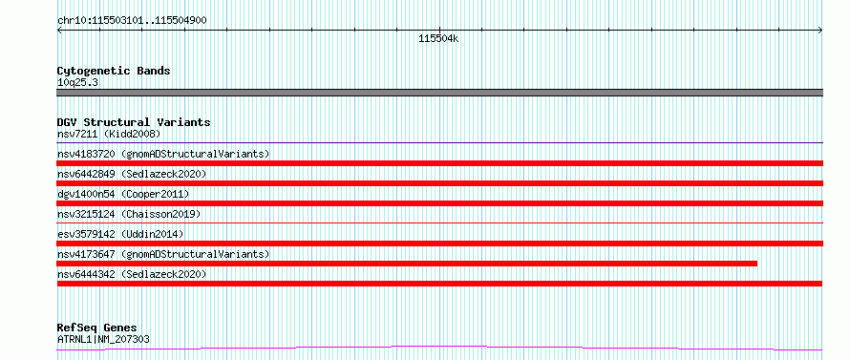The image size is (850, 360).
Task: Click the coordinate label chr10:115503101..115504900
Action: pos(132,21)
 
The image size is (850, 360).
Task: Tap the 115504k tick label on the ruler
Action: pos(438,38)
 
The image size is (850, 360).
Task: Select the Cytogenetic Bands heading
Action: pos(114,71)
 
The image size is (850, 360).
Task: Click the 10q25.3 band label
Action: pos(77,83)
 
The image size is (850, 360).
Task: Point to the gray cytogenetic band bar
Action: pos(439,93)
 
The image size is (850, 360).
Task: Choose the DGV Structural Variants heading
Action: pos(134,122)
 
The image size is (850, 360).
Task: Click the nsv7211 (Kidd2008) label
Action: pos(109,134)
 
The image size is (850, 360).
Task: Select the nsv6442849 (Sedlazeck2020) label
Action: pos(132,174)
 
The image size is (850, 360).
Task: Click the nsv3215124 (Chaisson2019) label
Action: pos(129,214)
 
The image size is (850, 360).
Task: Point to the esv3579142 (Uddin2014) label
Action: pos(120,234)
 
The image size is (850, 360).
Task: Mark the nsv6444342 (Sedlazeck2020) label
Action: pos(132,274)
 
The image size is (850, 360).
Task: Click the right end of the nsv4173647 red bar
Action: pos(756,264)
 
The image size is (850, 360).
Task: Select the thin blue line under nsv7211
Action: pos(439,143)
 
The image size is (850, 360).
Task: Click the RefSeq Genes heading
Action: pos(97,328)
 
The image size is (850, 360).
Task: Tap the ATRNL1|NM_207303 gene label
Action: pos(103,339)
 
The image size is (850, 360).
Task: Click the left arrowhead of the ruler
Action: pos(58,31)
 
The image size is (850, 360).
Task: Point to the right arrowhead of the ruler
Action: pos(821,31)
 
